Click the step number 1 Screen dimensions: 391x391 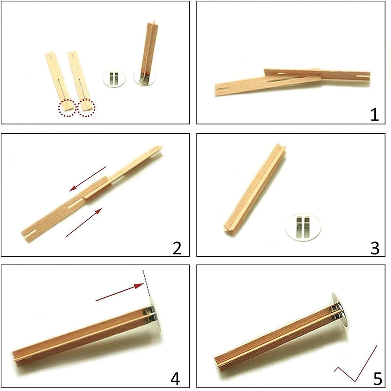coord(375,115)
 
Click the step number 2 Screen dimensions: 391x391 coord(177,248)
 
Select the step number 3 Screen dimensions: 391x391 coord(375,248)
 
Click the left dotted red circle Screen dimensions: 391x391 coord(67,108)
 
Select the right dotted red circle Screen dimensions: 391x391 coord(86,108)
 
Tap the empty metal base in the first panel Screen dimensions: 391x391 coord(114,79)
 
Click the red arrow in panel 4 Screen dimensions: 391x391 coord(120,292)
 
